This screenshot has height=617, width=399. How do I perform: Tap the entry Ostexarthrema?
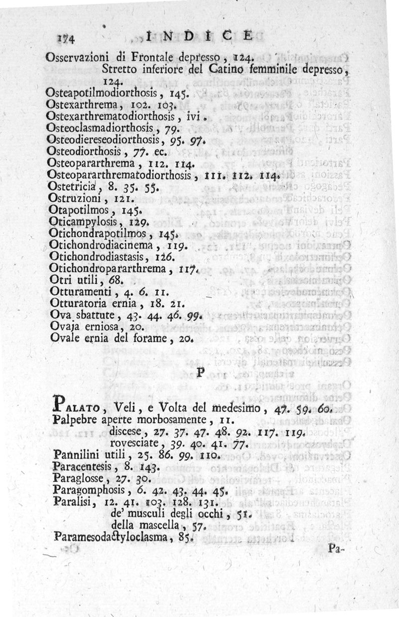pyautogui.click(x=82, y=105)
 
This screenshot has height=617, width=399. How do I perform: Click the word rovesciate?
pyautogui.click(x=132, y=442)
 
